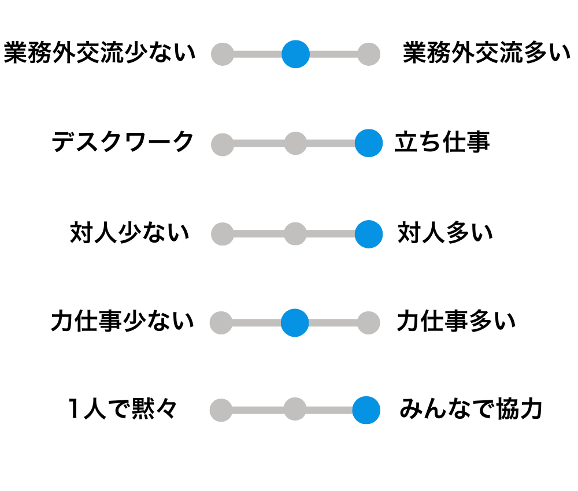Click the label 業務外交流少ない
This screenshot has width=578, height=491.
pyautogui.click(x=99, y=54)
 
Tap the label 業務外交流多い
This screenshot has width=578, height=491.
pyautogui.click(x=487, y=54)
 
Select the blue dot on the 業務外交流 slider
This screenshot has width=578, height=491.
pyautogui.click(x=295, y=54)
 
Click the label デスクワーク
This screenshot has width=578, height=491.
pyautogui.click(x=123, y=142)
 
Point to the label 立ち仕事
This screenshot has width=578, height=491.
pyautogui.click(x=442, y=142)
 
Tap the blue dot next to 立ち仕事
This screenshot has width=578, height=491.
pyautogui.click(x=368, y=143)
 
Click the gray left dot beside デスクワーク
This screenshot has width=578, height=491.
pyautogui.click(x=223, y=144)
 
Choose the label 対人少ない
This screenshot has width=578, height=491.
pyautogui.click(x=129, y=233)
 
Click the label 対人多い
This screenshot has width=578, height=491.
pyautogui.click(x=445, y=233)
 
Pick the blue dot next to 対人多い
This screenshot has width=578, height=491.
pyautogui.click(x=368, y=234)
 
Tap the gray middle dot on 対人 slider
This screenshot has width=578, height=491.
pyautogui.click(x=295, y=234)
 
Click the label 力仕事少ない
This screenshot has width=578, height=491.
pyautogui.click(x=122, y=322)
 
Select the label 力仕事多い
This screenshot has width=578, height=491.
pyautogui.click(x=456, y=322)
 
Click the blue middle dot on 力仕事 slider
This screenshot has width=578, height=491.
pyautogui.click(x=295, y=322)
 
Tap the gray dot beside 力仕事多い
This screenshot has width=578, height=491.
pyautogui.click(x=368, y=323)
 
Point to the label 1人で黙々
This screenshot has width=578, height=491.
pyautogui.click(x=122, y=410)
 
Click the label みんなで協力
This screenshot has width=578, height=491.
pyautogui.click(x=470, y=410)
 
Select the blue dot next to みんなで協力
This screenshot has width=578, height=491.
pyautogui.click(x=366, y=410)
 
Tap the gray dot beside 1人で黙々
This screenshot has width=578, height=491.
pyautogui.click(x=221, y=411)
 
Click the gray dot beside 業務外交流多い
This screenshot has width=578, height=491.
pyautogui.click(x=368, y=54)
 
